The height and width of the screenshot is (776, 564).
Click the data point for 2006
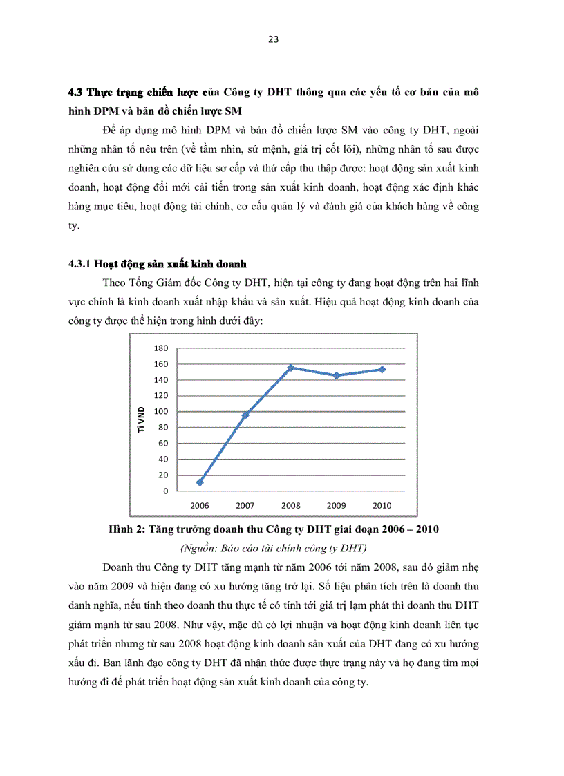coord(200,482)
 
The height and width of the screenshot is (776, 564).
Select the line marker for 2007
coord(245,415)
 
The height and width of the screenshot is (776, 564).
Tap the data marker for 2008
coord(291,368)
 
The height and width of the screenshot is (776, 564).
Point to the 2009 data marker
coord(337,375)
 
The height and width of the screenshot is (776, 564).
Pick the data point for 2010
coord(382,370)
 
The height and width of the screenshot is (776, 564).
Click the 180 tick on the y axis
coord(161,348)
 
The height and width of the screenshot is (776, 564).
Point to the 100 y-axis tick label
coord(161,412)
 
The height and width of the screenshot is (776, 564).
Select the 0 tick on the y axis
coord(165,491)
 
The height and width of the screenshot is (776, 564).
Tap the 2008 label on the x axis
coord(291,506)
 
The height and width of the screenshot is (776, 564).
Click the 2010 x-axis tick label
coord(382,506)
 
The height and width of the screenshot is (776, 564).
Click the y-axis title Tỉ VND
coord(141,419)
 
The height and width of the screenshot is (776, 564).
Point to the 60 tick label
coord(163,444)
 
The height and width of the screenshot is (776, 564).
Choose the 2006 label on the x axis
coord(200,506)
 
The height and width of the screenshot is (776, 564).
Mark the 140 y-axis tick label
coord(161,380)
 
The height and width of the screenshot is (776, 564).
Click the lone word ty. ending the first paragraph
coord(74,225)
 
